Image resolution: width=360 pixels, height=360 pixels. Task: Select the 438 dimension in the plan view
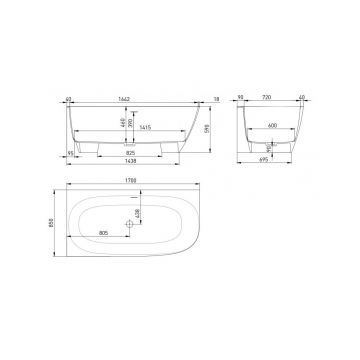pos(140,212)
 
